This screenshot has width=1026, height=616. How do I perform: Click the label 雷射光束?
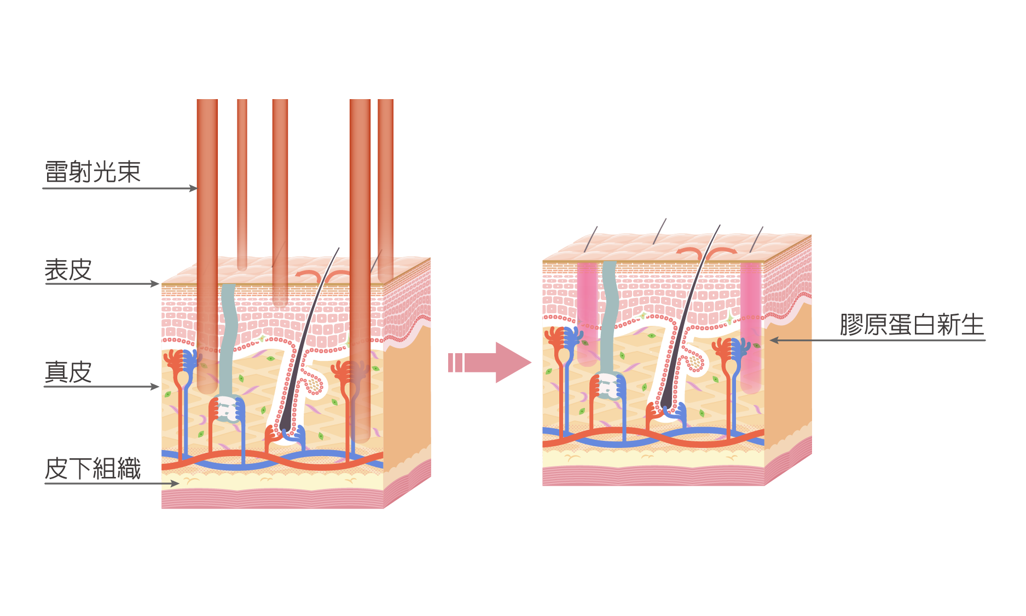tap(92, 172)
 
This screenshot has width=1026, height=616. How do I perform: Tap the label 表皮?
tap(68, 270)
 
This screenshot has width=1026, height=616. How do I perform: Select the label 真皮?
tap(68, 372)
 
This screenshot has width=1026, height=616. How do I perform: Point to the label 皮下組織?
tap(92, 469)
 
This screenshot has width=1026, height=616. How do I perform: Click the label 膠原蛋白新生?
tap(912, 325)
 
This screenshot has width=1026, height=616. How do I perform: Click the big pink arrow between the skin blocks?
tap(492, 362)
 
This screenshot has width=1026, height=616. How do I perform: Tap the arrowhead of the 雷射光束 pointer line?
tap(193, 188)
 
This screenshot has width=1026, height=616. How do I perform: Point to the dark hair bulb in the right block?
tap(667, 404)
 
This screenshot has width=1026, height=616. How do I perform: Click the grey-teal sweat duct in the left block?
tap(229, 339)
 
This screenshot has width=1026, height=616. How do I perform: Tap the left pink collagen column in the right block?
tap(587, 312)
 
